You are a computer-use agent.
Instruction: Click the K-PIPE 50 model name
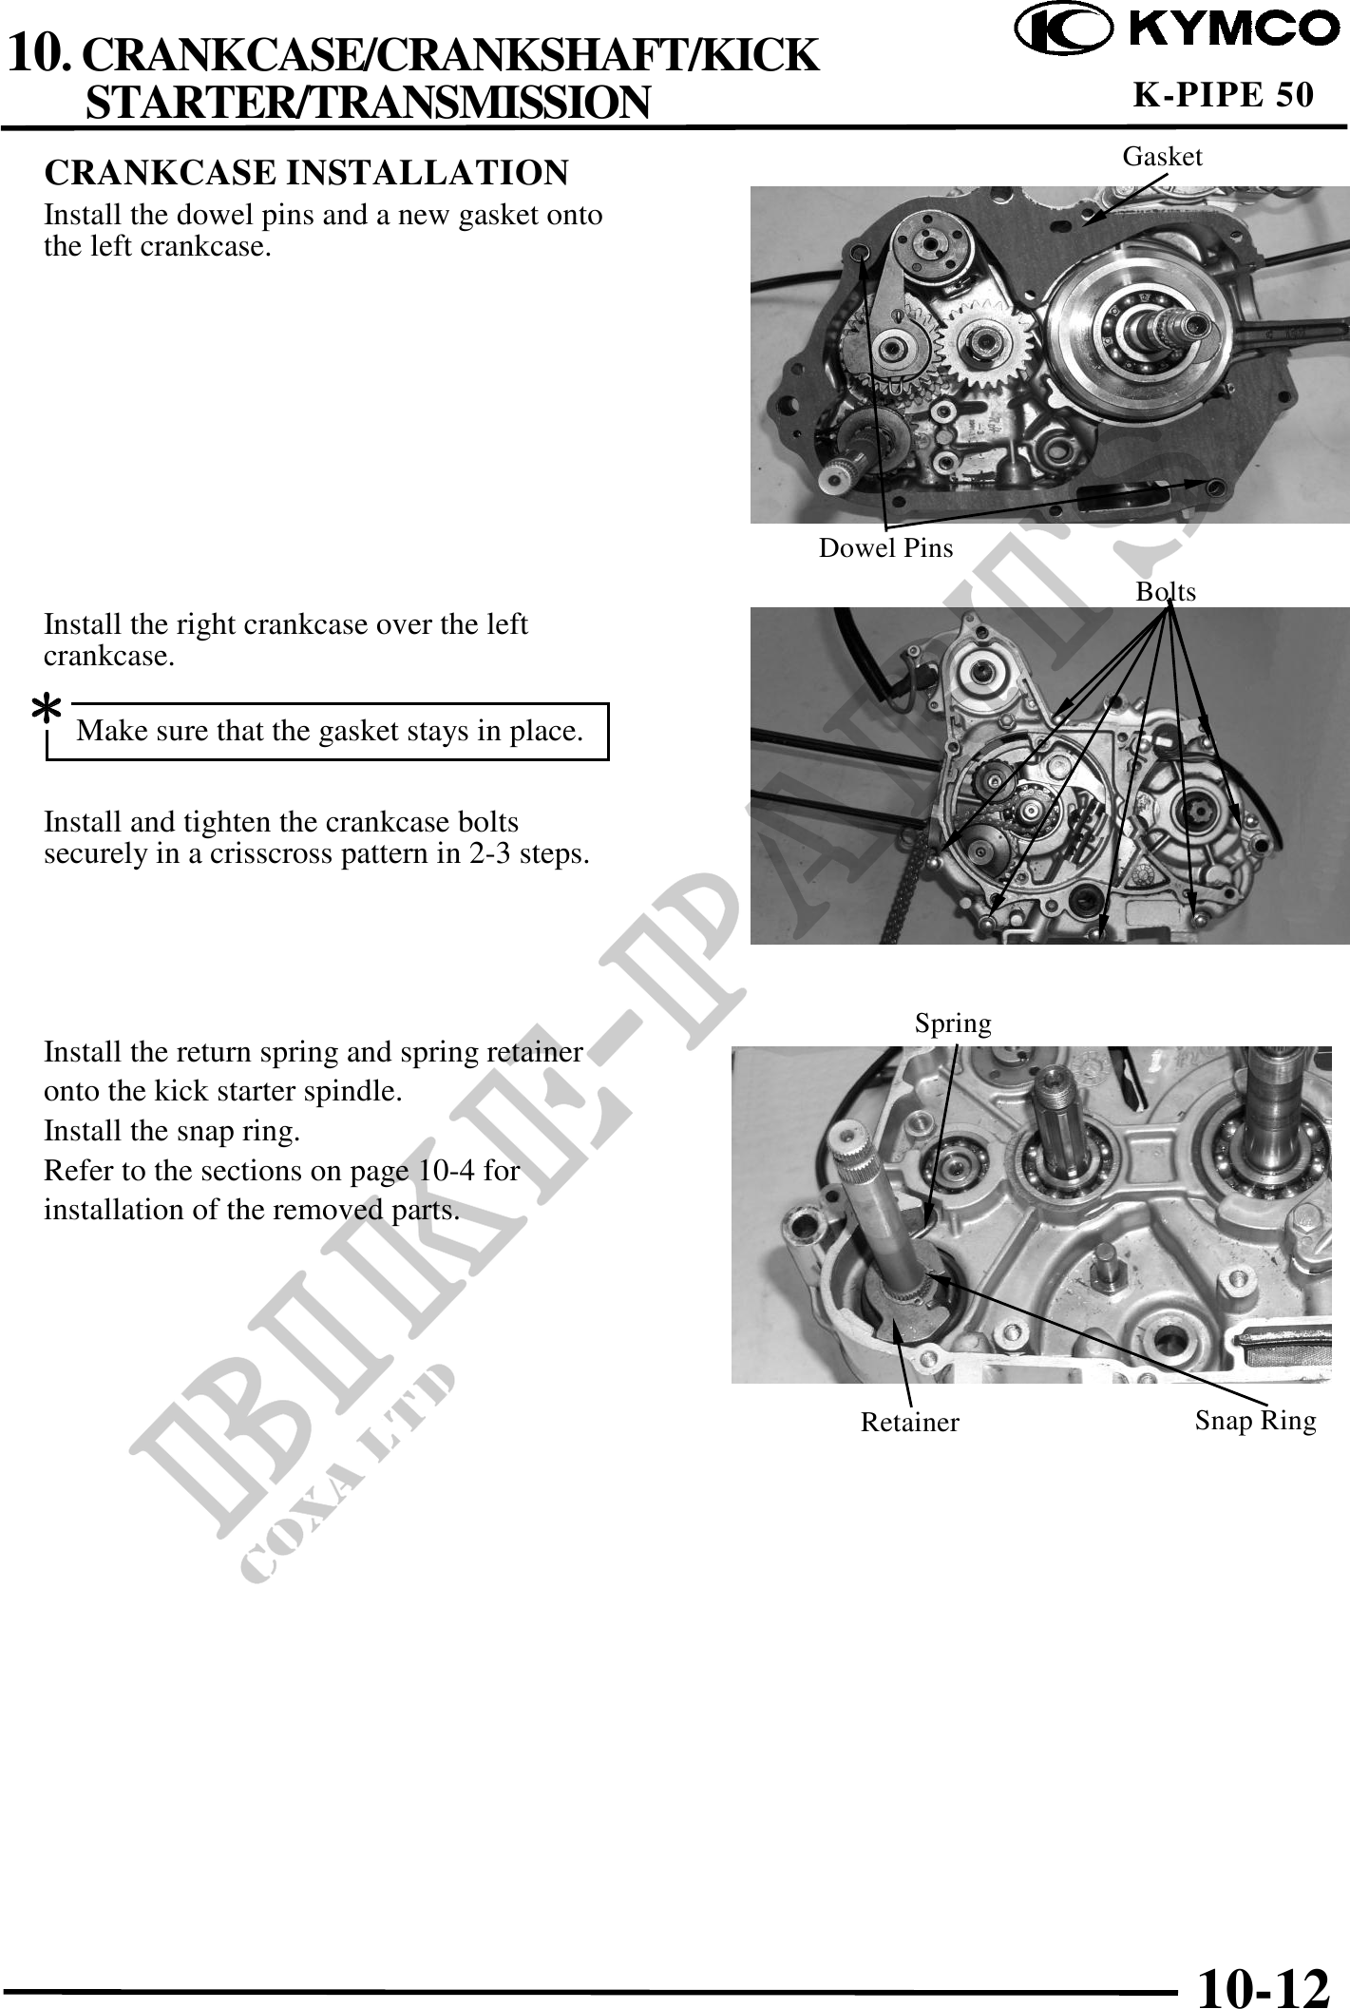1225,94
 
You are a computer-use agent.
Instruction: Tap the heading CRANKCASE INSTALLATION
307,173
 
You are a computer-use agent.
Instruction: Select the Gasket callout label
1162,157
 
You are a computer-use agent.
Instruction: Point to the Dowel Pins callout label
885,548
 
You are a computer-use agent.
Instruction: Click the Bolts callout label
1166,592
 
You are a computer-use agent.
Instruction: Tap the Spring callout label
953,1024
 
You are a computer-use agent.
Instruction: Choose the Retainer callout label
910,1423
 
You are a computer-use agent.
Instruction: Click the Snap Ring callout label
1255,1421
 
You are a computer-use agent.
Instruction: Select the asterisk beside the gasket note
48,709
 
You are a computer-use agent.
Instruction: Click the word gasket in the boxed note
360,732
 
